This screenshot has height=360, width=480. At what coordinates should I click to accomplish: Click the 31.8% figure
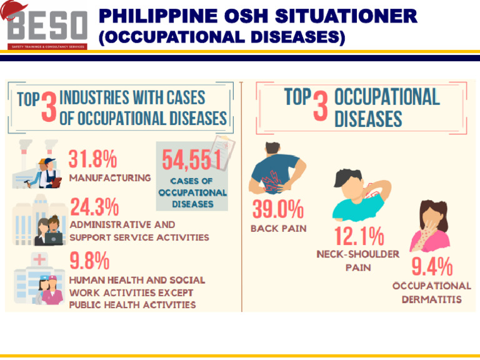tap(93, 159)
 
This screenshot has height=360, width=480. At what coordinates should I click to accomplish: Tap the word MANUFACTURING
tap(110, 177)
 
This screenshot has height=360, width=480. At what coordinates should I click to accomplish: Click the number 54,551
tap(192, 161)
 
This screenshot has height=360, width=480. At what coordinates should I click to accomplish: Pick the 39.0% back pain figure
tap(277, 209)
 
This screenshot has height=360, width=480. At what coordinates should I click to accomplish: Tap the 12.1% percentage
tap(358, 237)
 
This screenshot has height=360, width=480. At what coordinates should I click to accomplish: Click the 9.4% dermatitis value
tap(431, 267)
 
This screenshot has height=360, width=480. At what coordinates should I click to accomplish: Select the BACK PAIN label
tap(279, 228)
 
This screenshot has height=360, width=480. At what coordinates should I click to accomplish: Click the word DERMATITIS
tap(431, 299)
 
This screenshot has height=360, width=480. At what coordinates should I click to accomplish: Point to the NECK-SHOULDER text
tap(358, 254)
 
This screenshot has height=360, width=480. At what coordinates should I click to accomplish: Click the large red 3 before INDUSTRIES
tap(48, 108)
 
